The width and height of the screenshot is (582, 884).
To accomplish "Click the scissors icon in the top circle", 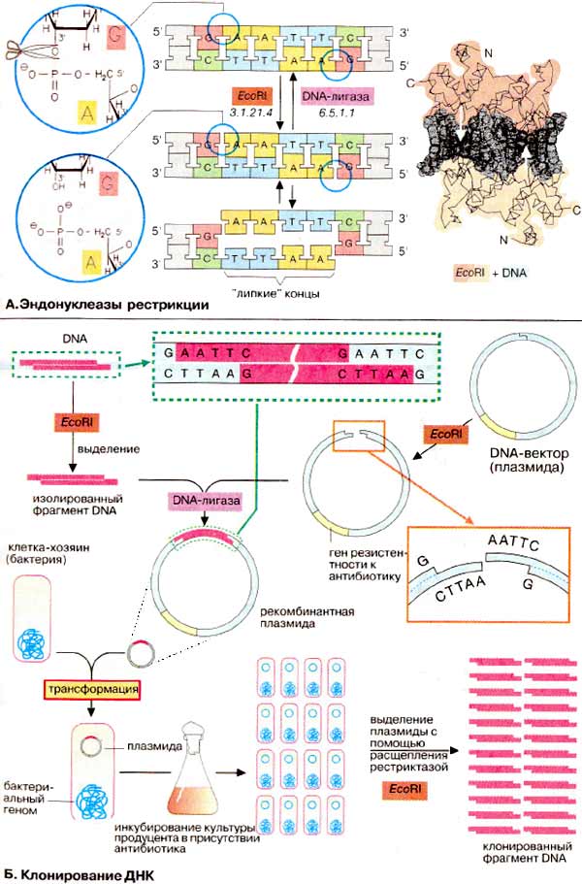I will pyautogui.click(x=20, y=49).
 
